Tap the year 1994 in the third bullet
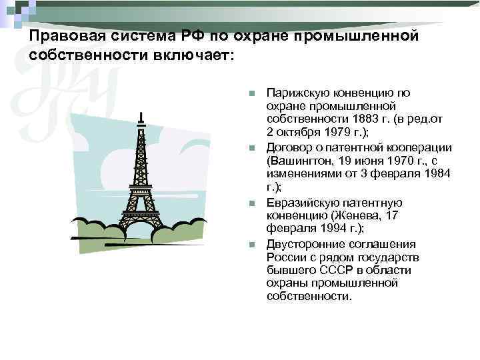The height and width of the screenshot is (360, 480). tap(326, 227)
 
